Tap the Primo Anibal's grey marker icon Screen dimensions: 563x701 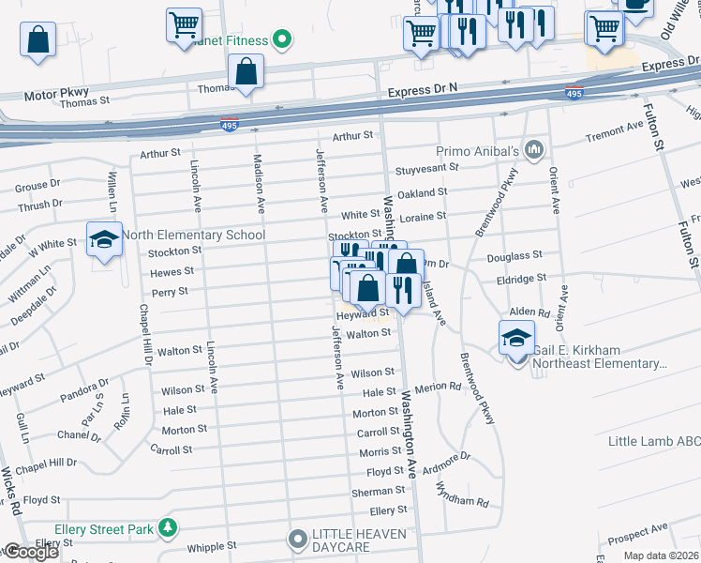(x=534, y=149)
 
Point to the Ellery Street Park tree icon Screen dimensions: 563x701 (x=168, y=529)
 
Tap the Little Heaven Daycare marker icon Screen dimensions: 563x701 (x=298, y=540)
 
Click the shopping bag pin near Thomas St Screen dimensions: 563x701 (x=245, y=71)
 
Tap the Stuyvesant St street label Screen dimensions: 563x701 (x=426, y=168)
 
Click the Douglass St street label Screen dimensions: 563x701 (x=515, y=255)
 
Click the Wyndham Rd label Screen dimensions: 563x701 (x=463, y=495)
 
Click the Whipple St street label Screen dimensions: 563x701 (x=212, y=545)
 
